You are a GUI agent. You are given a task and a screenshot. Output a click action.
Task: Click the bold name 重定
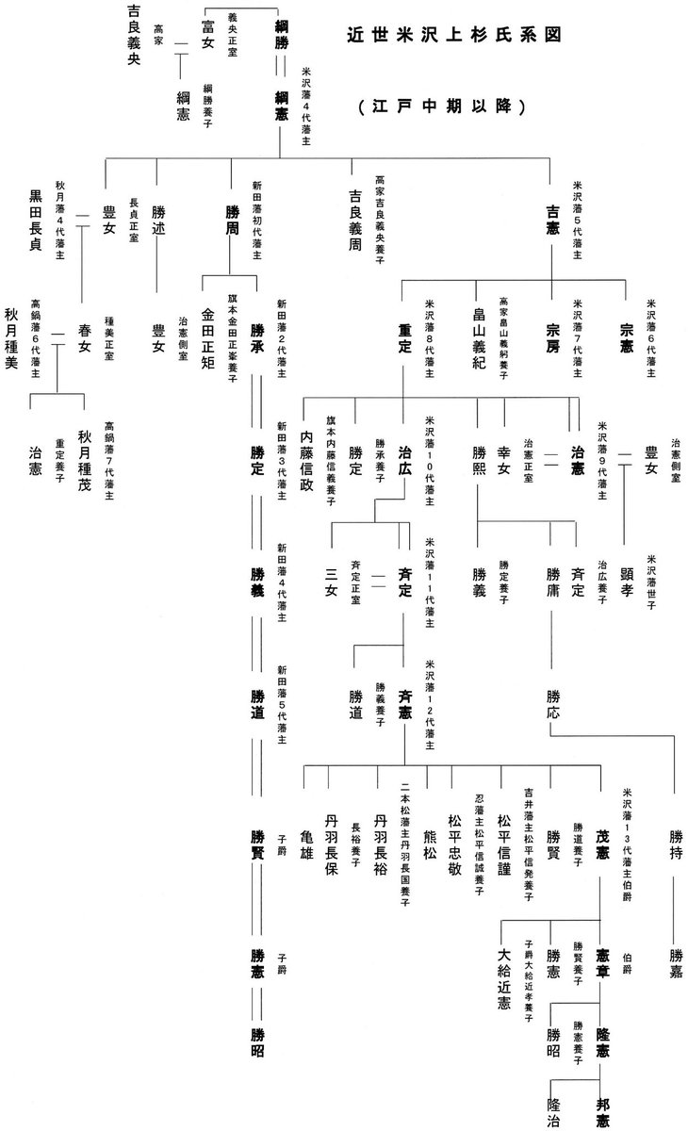405,336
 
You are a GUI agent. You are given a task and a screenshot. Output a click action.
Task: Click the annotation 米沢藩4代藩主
305,103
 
